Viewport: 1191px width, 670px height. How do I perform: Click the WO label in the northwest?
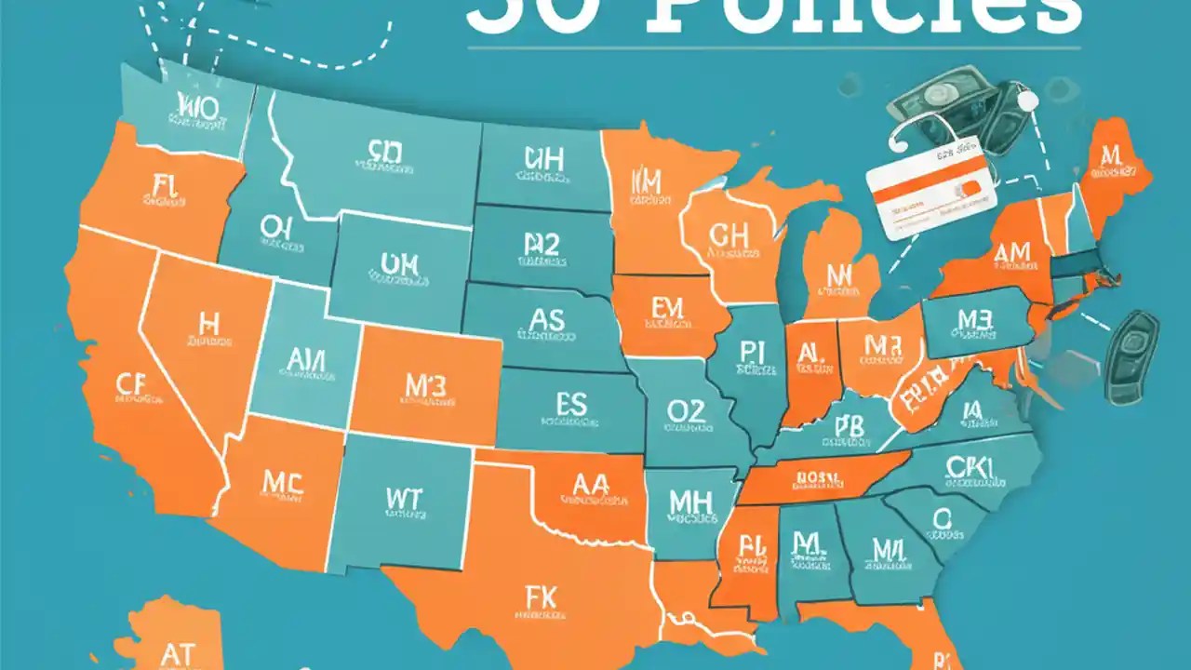(x=196, y=108)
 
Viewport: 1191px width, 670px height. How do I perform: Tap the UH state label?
(x=542, y=159)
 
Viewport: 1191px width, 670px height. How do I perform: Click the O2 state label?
(x=686, y=411)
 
